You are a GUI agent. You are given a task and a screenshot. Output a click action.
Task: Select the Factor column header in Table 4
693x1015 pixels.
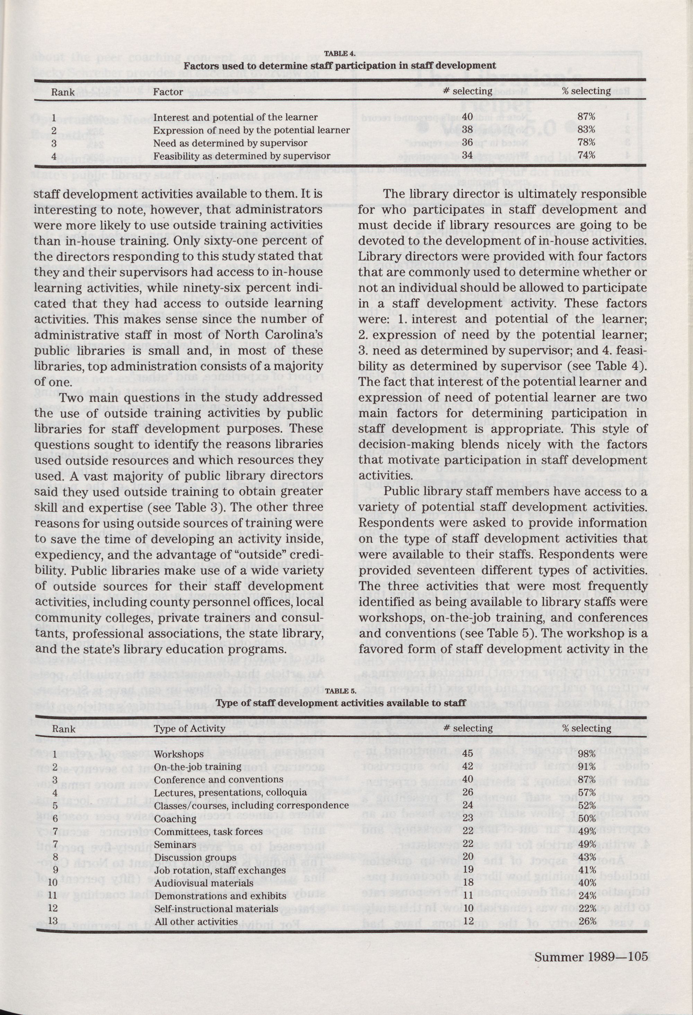click(168, 92)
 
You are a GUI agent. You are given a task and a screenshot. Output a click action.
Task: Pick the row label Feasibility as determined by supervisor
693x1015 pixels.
click(242, 155)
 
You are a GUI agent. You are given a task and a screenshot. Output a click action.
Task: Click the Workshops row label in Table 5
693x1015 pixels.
click(179, 754)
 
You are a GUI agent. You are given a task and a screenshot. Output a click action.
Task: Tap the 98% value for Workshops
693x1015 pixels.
click(587, 754)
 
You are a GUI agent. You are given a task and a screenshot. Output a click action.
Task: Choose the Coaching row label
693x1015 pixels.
click(175, 819)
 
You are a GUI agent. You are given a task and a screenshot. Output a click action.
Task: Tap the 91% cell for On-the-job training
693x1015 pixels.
click(587, 767)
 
